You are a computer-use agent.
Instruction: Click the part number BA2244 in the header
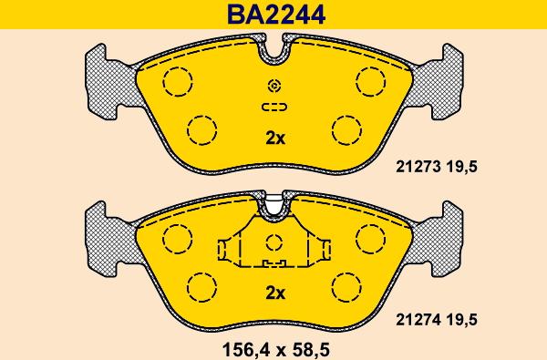(276, 15)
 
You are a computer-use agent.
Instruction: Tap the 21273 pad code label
(418, 167)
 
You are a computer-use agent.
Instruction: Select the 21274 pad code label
(418, 320)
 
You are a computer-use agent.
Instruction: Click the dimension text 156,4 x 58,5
(276, 349)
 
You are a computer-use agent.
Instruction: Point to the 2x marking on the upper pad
(275, 139)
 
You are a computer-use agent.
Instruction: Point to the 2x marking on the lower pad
(275, 293)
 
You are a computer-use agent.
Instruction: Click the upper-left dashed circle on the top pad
(178, 82)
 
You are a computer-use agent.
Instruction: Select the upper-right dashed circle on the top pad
(371, 82)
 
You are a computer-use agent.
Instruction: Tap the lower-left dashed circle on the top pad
(201, 129)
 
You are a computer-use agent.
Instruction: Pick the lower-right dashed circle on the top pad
(346, 129)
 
